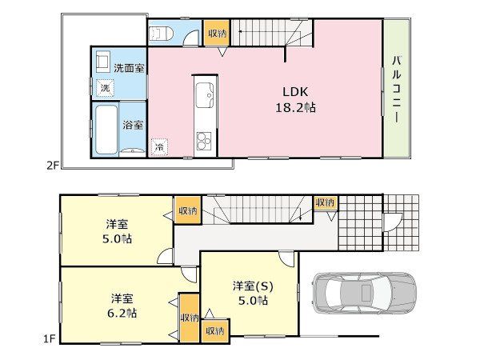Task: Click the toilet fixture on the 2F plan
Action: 161,33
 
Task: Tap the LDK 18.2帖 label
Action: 295,100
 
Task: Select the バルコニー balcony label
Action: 397,90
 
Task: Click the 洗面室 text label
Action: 129,68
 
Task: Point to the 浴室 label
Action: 133,125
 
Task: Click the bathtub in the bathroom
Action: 106,130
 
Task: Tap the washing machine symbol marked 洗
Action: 105,88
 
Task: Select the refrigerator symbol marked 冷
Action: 159,147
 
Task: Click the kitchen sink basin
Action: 205,95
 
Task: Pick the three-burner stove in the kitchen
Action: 204,141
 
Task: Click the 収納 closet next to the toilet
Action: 217,33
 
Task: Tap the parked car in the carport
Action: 364,294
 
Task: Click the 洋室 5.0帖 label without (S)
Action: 117,231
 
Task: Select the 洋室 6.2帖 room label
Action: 122,306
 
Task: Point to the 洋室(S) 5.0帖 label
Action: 253,294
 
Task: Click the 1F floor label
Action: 48,338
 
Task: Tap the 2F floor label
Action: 52,166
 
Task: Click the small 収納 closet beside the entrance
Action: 326,202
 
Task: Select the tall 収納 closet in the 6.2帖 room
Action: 189,318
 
